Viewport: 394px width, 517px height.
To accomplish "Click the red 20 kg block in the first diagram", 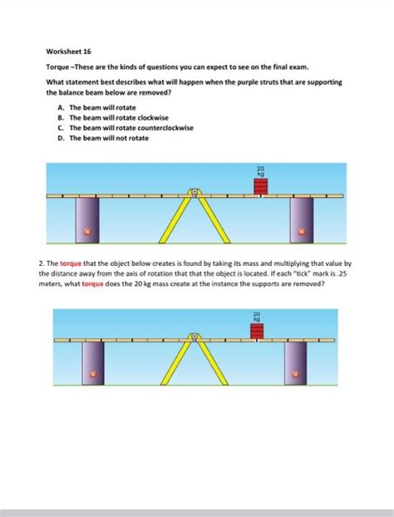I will coord(262,186).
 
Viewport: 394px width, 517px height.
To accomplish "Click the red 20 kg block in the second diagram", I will coord(257,332).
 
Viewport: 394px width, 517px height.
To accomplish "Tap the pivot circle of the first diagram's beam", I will coord(195,193).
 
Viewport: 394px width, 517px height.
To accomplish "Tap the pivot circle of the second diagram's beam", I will coord(195,336).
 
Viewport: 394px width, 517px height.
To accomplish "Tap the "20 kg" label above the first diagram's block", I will coord(261,170).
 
